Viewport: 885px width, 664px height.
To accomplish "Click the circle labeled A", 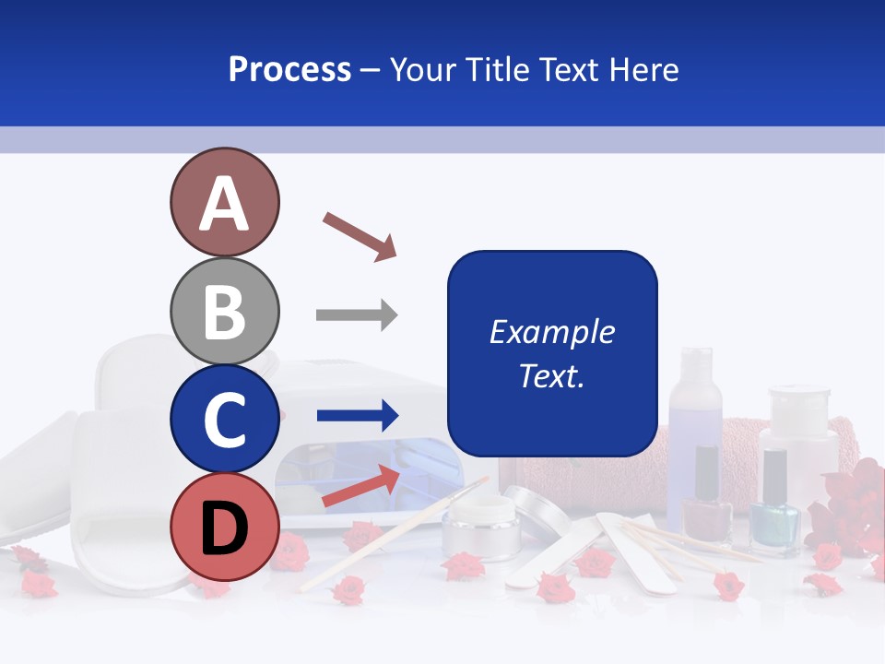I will (x=224, y=203).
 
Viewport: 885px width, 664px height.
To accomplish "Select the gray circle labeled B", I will (x=224, y=311).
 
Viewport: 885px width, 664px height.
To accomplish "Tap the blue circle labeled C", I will (x=224, y=419).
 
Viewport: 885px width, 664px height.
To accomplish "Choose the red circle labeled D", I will (x=224, y=528).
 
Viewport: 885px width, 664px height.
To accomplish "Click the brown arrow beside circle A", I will (x=360, y=236).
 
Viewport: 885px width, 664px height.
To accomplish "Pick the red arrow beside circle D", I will (x=360, y=486).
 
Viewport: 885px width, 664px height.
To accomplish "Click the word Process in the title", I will (x=289, y=70).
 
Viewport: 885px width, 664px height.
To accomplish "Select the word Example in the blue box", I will (x=551, y=332).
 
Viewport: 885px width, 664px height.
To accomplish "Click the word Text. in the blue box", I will (x=551, y=375).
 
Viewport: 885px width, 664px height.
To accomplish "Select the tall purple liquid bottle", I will (x=695, y=406).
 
